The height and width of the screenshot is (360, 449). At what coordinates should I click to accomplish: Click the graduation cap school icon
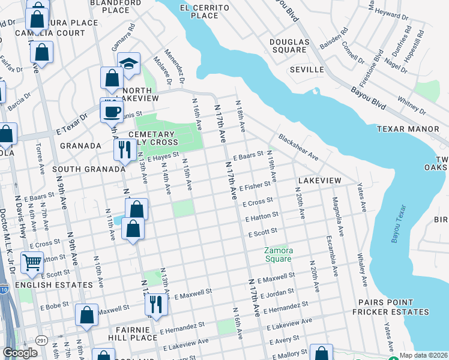128,64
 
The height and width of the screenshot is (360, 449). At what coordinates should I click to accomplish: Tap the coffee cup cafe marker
111,110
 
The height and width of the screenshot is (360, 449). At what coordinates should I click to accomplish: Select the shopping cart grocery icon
32,262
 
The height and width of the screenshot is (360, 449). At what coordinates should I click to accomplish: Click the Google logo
20,352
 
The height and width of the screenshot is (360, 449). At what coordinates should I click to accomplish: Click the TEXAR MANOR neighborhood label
408,129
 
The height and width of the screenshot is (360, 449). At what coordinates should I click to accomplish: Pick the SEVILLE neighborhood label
307,70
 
